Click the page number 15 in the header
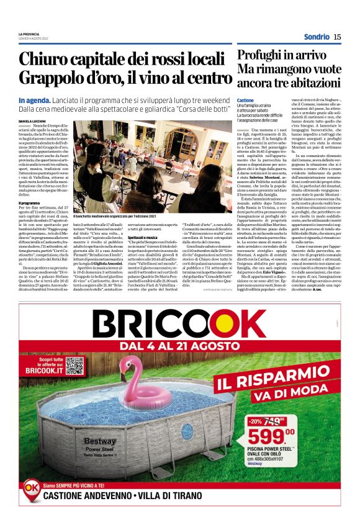[x=337, y=37]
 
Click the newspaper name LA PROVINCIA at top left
[x=29, y=34]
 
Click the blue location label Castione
[x=246, y=100]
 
